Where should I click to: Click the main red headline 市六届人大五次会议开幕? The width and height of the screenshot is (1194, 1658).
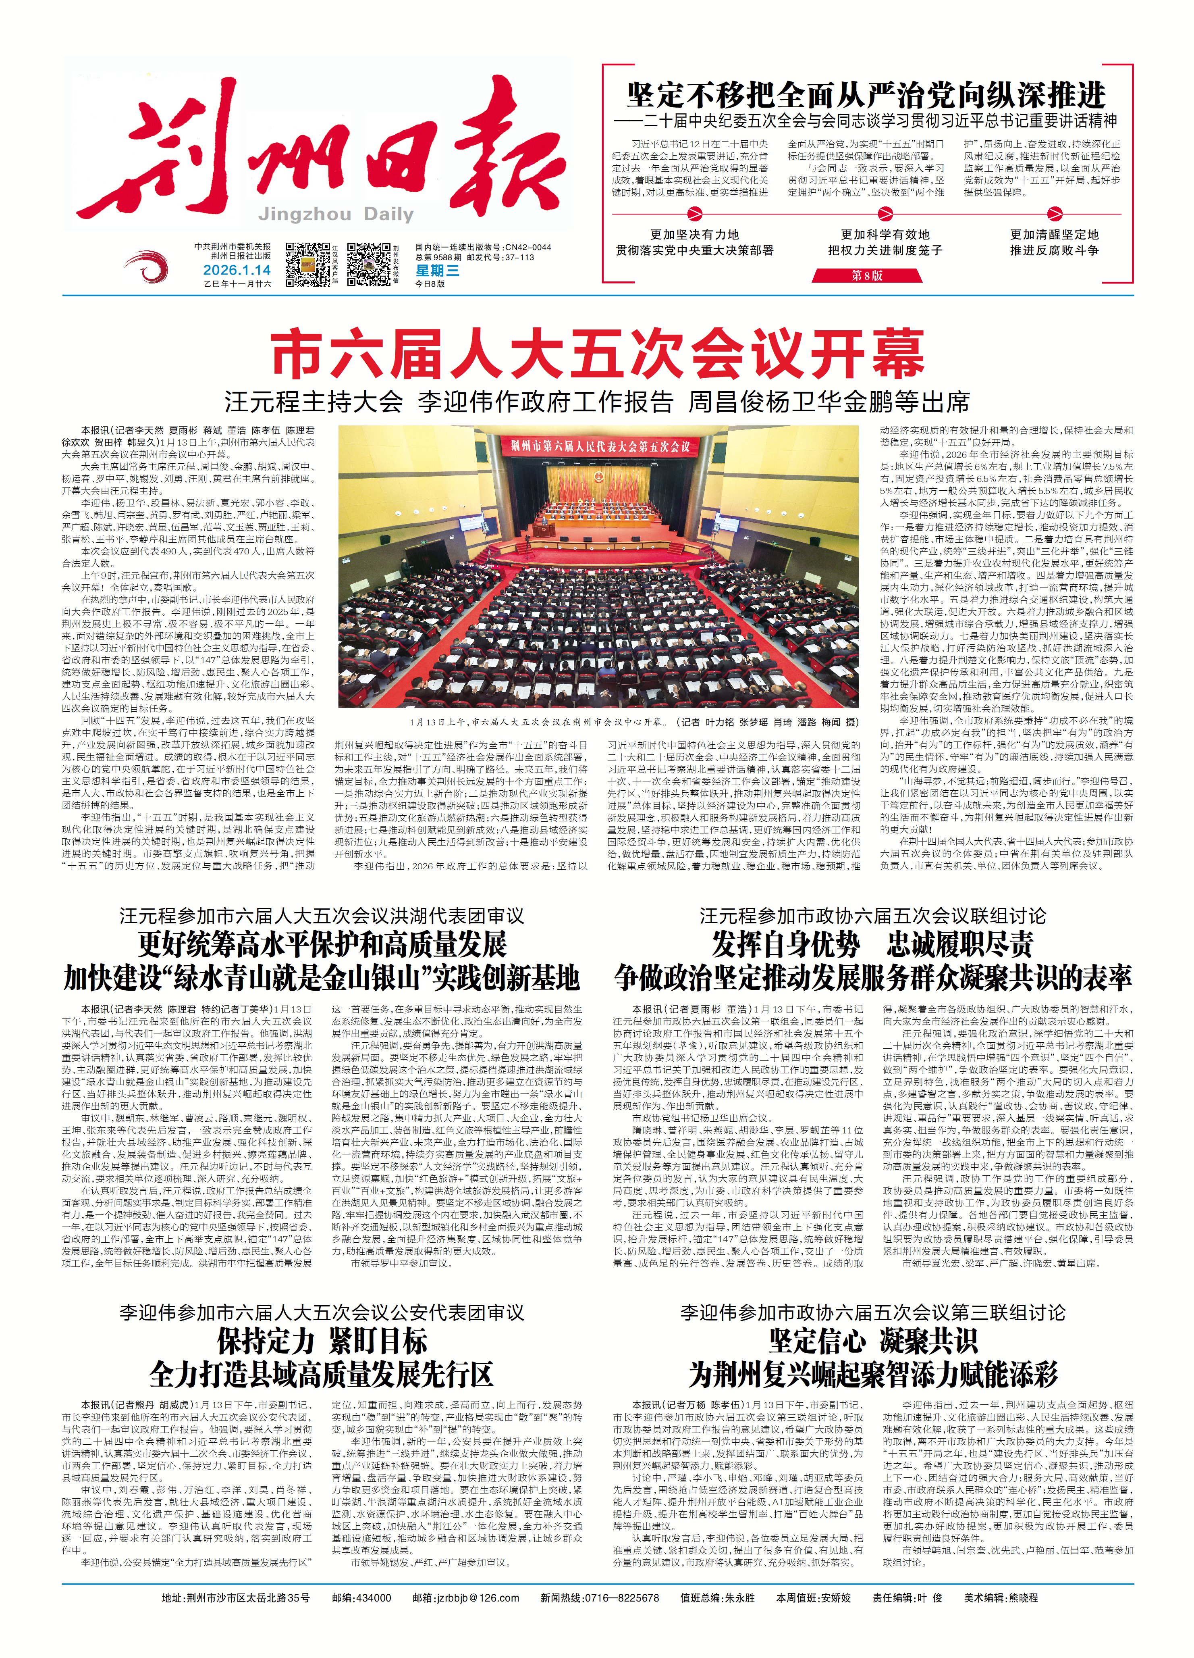coord(598,354)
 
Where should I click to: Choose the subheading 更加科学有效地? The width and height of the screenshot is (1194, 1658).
coord(885,235)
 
